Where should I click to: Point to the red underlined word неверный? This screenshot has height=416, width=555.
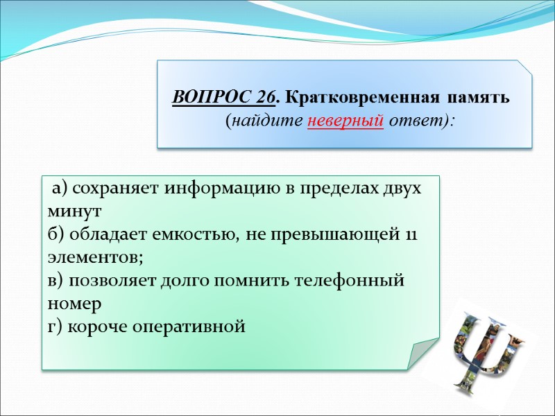pos(345,120)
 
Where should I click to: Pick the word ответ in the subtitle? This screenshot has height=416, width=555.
pos(416,120)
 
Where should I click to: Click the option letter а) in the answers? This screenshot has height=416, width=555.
pos(60,188)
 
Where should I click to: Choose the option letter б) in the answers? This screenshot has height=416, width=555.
pos(56,234)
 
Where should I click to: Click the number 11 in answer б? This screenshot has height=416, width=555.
pos(411,234)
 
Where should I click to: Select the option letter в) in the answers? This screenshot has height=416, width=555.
pos(55,281)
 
